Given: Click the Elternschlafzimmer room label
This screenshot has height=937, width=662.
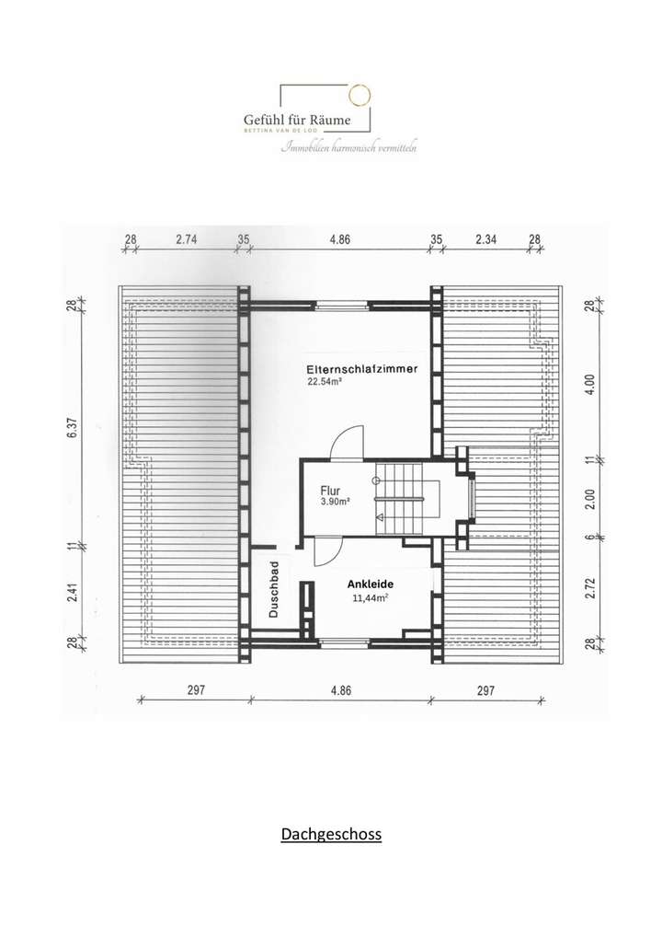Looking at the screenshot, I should click(362, 368).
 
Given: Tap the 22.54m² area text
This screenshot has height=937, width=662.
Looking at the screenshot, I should click(325, 381).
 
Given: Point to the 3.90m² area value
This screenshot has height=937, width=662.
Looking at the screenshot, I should click(335, 503).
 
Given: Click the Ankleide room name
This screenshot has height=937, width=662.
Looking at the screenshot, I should click(371, 584).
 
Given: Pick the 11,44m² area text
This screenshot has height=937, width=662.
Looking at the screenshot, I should click(371, 597).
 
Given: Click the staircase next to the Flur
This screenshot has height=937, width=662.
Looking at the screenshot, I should click(404, 497).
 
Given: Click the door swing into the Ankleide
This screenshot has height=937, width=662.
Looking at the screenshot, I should click(326, 551).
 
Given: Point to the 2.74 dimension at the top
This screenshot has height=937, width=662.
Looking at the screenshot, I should click(187, 239).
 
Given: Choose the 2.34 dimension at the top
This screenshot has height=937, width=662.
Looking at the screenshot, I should click(486, 239).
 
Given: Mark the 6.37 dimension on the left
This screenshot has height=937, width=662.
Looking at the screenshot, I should click(73, 430).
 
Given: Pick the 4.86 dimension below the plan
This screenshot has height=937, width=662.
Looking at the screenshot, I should click(339, 690).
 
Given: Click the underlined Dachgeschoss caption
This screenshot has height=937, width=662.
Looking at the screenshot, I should click(331, 835).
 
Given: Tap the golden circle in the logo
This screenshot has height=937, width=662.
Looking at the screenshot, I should click(358, 95).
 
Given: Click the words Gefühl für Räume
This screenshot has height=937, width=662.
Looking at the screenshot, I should click(297, 120).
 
